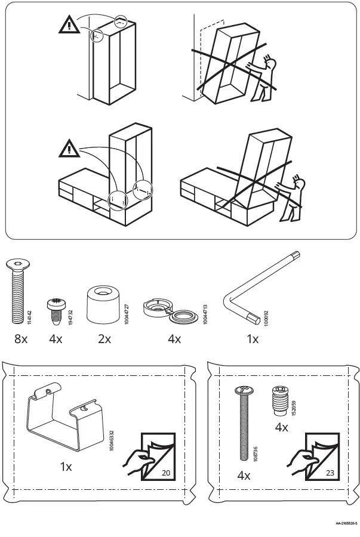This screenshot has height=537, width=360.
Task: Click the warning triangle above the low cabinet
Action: [70, 147]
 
